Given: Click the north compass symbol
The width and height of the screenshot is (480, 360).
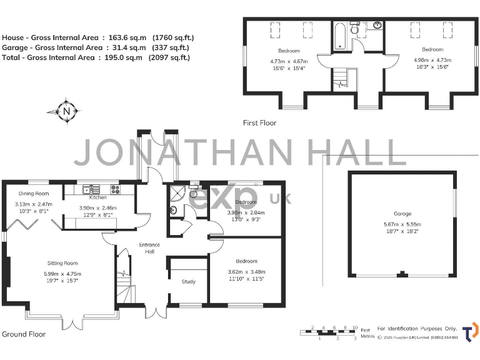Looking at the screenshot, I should click(x=66, y=112).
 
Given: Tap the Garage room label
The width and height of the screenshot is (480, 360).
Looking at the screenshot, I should click(x=402, y=214).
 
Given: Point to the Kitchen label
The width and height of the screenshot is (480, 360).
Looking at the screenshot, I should click(x=98, y=197).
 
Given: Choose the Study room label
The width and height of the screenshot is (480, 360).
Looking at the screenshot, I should click(x=189, y=282).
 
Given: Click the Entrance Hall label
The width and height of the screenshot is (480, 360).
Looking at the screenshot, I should click(x=149, y=248).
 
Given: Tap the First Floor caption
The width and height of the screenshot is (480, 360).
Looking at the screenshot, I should click(x=259, y=123).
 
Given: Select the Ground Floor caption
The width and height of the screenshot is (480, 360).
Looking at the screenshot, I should click(x=23, y=334).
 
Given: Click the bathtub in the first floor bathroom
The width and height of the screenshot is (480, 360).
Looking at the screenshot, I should click(x=339, y=35).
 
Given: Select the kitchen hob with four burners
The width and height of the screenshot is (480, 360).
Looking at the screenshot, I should click(x=115, y=188).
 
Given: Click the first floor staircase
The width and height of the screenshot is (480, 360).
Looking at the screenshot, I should click(x=341, y=77).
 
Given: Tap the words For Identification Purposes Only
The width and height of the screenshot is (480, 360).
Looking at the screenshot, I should click(x=417, y=328).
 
